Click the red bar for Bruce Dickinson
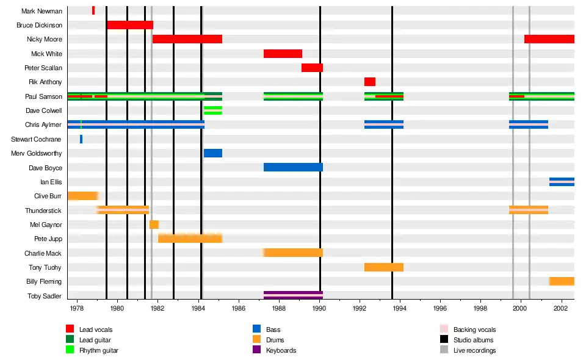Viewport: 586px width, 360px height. (129, 25)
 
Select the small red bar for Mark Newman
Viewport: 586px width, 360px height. (93, 10)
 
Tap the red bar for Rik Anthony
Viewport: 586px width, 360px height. (370, 82)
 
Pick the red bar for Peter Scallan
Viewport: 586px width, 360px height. (312, 68)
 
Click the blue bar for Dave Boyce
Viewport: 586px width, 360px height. (293, 167)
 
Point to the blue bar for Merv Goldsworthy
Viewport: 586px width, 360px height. (213, 153)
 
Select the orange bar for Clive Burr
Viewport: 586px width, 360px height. (82, 196)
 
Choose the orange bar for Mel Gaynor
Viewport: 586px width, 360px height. (154, 225)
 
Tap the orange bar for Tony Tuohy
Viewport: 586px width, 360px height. (384, 267)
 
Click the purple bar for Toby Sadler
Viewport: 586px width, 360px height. (293, 296)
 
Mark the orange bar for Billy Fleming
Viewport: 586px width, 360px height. (562, 281)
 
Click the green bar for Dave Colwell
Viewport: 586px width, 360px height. (213, 110)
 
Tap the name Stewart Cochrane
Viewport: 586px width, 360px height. (37, 139)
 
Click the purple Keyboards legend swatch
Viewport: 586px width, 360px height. (256, 350)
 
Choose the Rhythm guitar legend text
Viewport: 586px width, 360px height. (99, 350)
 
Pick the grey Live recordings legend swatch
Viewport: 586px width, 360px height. (444, 350)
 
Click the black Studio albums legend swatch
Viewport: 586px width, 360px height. (444, 340)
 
